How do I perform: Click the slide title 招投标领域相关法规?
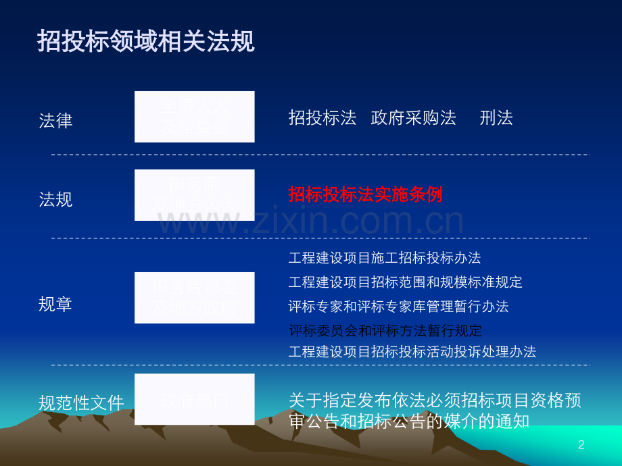coord(146,42)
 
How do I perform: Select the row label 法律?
coord(55,121)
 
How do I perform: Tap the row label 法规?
coord(55,199)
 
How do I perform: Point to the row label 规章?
coord(55,304)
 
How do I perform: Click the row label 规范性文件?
coord(81,403)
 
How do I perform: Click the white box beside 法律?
coord(194,117)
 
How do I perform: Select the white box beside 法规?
coord(194,195)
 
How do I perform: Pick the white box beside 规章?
coord(194,298)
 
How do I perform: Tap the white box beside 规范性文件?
coord(194,399)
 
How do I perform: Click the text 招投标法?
coord(322,118)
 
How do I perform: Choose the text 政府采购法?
coord(414,118)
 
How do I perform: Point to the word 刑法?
coord(496,118)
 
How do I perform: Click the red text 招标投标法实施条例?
coord(365,195)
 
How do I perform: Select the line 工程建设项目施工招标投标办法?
coord(385,257)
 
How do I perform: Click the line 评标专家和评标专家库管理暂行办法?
coord(398,306)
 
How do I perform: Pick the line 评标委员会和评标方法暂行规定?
coord(385,330)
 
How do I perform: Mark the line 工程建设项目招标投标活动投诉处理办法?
coord(412,352)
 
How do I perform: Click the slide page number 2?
coord(581,444)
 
